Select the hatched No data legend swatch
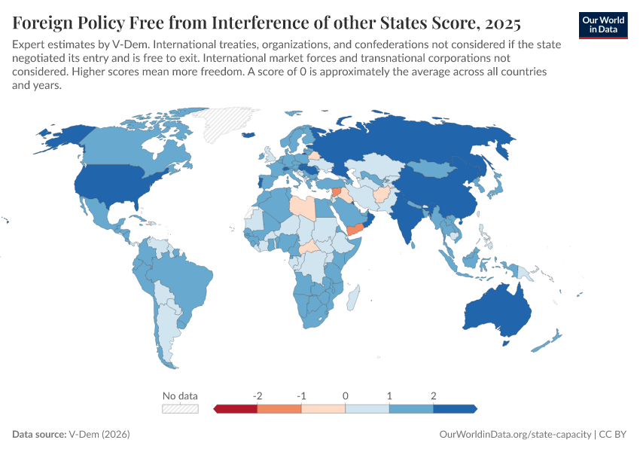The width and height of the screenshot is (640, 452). click(x=180, y=409)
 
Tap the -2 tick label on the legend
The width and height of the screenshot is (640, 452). click(x=258, y=395)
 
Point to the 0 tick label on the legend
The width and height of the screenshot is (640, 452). click(x=345, y=395)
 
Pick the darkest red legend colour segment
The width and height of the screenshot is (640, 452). click(x=236, y=409)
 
